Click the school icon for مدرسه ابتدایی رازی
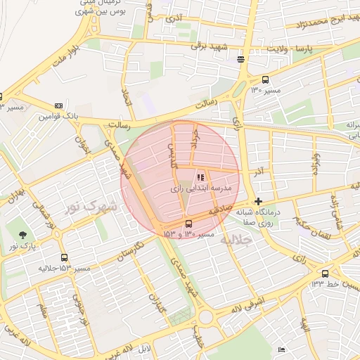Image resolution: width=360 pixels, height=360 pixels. tap(200, 177)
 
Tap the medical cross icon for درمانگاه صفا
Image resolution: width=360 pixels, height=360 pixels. tap(259, 201)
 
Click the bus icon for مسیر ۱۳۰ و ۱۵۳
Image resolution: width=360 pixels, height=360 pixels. tap(188, 224)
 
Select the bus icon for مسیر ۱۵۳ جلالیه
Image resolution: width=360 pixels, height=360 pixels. tap(65, 258)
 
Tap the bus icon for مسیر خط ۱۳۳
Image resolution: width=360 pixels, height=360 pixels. tap(325, 274)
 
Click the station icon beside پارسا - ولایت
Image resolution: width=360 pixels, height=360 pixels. tap(241, 60)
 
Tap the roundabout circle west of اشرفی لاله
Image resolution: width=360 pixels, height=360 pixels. tap(205, 318)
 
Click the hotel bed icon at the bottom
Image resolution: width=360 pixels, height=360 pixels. tap(282, 349)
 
